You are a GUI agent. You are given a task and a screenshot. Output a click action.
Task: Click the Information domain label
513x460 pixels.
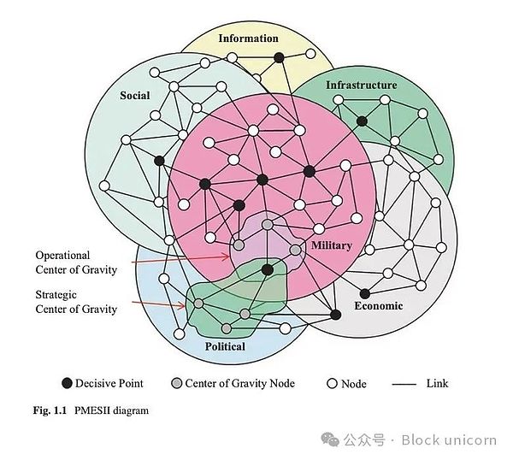[x=248, y=38]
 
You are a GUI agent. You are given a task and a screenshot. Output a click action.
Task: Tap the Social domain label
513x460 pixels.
[x=135, y=96]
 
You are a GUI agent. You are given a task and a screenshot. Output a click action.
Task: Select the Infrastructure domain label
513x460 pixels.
[x=362, y=85]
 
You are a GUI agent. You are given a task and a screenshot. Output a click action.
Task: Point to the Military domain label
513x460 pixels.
[x=331, y=245]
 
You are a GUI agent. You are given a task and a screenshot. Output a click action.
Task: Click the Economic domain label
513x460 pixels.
[x=378, y=305]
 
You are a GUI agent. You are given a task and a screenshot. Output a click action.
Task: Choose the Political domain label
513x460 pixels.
[x=225, y=346]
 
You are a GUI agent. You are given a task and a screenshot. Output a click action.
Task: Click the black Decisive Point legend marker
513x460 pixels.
[x=66, y=384]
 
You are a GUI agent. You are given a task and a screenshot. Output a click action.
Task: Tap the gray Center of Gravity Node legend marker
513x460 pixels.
[x=177, y=384]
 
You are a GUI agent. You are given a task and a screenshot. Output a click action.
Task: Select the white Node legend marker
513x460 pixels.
[x=332, y=384]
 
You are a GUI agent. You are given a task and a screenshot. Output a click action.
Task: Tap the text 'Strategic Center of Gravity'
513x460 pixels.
[x=75, y=302]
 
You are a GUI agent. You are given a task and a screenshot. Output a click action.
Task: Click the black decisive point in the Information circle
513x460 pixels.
[x=278, y=57]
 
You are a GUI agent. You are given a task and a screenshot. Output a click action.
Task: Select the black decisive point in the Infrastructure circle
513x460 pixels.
[x=362, y=121]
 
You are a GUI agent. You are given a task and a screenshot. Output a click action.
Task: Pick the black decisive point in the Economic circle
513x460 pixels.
[x=365, y=293]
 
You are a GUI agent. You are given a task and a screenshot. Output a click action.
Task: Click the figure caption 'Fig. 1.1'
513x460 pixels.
[x=48, y=410]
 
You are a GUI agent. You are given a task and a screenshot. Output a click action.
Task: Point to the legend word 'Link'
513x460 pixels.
[x=437, y=384]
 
